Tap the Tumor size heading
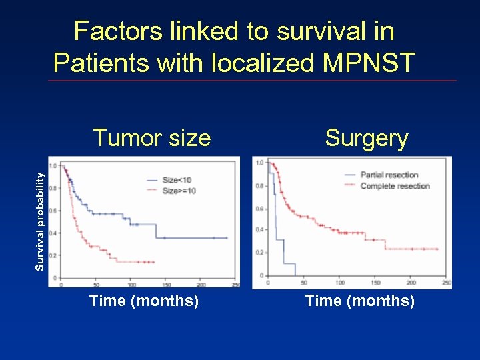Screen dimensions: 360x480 tap(152, 138)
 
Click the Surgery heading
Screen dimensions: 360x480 tap(366, 138)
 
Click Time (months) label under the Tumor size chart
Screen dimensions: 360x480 tap(144, 301)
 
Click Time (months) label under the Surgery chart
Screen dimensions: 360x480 tap(359, 301)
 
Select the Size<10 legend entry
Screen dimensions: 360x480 tap(177, 180)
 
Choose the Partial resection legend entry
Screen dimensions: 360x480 tap(389, 175)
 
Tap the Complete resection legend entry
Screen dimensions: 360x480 tap(395, 186)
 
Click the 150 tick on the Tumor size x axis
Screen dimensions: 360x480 tap(166, 284)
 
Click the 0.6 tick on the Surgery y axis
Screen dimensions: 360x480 tap(260, 209)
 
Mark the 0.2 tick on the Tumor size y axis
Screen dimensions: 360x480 tap(53, 255)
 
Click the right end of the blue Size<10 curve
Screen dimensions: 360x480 tap(227, 238)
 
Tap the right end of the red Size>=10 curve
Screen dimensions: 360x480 tap(154, 262)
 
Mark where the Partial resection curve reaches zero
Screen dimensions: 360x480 tap(284, 275)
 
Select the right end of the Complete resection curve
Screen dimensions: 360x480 tap(438, 249)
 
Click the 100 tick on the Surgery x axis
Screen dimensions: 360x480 tap(339, 282)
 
